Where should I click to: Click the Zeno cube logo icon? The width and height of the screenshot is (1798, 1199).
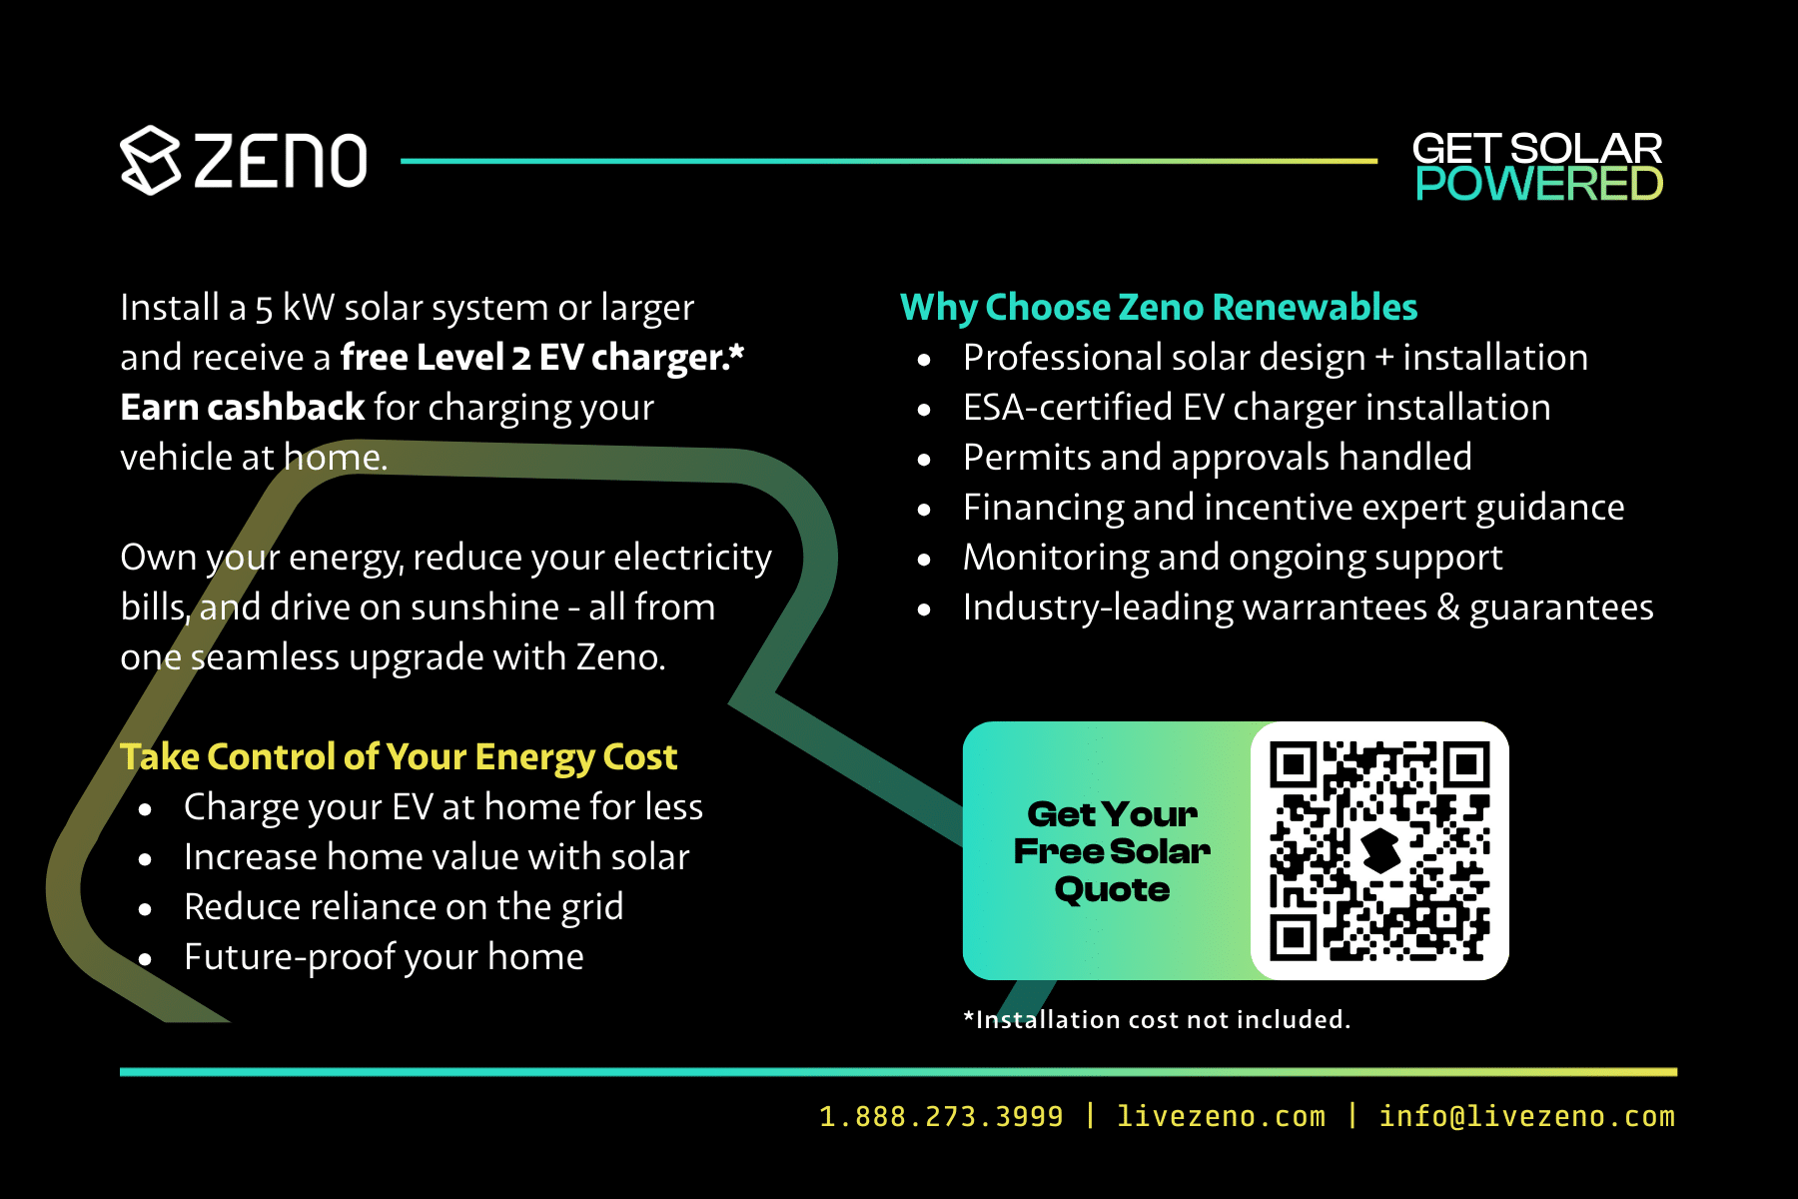coord(150,160)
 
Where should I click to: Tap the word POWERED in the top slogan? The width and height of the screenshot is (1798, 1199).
coord(1538,185)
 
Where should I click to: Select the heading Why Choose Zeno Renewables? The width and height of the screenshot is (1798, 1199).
coord(1159,307)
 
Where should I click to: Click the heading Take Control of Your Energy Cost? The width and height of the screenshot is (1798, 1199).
coord(399,756)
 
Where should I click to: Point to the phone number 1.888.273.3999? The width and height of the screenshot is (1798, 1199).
coord(941,1116)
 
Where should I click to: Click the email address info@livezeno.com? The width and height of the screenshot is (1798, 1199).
coord(1526,1116)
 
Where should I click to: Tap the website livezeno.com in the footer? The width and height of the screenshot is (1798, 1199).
coord(1221,1116)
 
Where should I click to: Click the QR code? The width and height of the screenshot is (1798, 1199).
coord(1379,850)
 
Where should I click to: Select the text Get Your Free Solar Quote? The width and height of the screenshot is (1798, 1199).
coord(1112,851)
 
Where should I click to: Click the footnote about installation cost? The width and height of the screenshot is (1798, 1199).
coord(1157,1019)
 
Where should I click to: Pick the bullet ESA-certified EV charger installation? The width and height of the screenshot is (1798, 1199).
coord(1257,408)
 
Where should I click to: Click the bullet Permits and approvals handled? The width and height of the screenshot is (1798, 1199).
coord(1217,458)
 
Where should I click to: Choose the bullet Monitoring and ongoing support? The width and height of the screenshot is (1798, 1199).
coord(1233,558)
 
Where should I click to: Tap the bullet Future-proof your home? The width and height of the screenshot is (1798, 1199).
coord(384,957)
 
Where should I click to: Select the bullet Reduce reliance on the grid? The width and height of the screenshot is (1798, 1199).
coord(404,907)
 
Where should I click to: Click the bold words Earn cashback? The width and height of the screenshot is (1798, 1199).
coord(243,408)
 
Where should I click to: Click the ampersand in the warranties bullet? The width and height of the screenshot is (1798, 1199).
coord(1447,607)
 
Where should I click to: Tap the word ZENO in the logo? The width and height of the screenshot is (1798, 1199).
coord(281,161)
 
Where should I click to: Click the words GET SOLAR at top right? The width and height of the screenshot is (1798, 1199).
coord(1536,149)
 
